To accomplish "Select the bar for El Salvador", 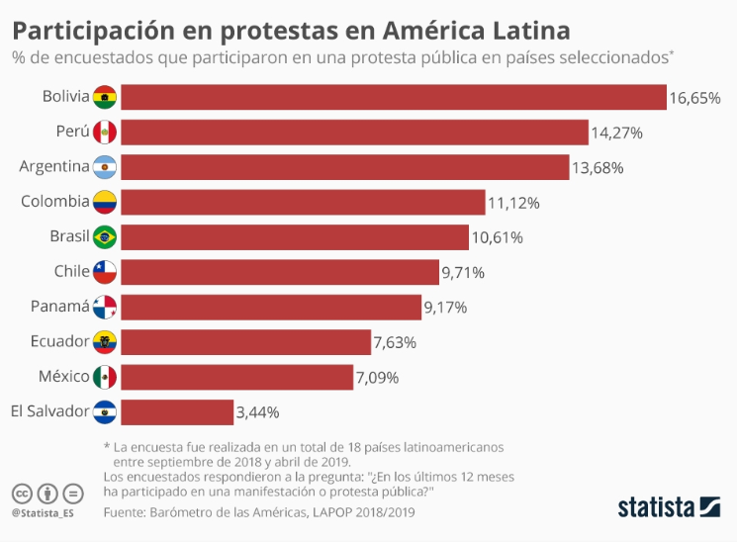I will tap(177, 411).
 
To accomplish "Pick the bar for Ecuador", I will tap(246, 342).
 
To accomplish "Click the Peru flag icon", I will tap(105, 132).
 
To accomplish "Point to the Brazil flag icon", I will tap(105, 237).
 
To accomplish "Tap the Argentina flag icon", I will tap(105, 167).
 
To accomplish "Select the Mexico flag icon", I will tap(105, 377).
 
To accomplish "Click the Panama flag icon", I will tap(105, 307).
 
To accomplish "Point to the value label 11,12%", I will tap(513, 203).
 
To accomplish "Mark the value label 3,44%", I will tap(258, 412).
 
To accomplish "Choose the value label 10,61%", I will tap(497, 237).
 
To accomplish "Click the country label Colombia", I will tap(55, 202).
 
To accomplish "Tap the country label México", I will tap(61, 377).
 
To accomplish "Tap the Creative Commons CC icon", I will tap(22, 493).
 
